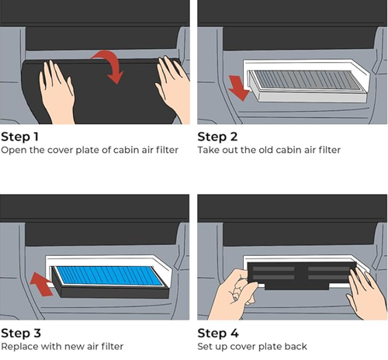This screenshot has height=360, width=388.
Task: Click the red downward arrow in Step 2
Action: [x=238, y=88]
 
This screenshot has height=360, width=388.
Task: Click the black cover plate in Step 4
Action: [x=301, y=275]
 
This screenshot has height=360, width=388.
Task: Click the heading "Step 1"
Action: [x=19, y=137]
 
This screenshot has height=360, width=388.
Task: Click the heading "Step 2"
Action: [x=217, y=137]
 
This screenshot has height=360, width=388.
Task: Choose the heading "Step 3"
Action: [x=21, y=333]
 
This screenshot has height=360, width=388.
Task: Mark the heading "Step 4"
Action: [x=218, y=333]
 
